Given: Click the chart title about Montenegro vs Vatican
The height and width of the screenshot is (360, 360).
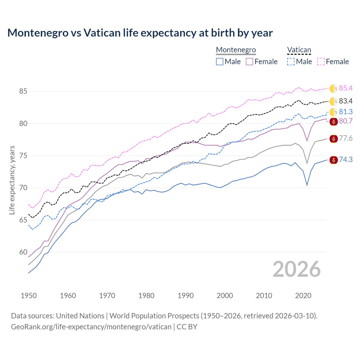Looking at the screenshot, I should (140, 33).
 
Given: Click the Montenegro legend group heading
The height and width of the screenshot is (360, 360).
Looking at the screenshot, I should (236, 50).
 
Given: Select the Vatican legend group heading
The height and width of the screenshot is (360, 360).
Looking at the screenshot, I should (299, 50).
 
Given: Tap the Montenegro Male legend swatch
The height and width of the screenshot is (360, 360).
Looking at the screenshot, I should (220, 62).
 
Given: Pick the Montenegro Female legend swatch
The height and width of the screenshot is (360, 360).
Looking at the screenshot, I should (249, 62).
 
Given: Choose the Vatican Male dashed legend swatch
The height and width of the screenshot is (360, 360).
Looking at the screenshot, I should (291, 62).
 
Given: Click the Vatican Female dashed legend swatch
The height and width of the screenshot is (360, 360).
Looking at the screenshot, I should (321, 62).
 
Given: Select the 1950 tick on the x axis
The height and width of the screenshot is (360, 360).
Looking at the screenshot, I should (29, 296).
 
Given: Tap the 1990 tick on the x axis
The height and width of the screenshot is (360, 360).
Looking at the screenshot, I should (186, 296).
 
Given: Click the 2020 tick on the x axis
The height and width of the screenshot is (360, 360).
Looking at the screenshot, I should (303, 296).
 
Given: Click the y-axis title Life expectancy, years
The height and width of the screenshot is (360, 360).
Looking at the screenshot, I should (12, 180).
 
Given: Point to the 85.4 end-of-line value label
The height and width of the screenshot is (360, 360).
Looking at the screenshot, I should (346, 88).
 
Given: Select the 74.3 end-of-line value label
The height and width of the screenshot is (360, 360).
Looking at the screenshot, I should (346, 160).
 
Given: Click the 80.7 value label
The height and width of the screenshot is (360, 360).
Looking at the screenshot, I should (346, 121).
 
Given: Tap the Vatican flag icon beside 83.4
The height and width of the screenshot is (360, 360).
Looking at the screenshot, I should (334, 101).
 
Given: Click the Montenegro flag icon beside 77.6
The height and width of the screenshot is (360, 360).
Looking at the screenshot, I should (334, 138).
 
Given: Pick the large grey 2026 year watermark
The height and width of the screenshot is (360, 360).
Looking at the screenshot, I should (296, 269).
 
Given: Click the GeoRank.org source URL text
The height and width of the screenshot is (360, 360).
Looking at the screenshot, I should (91, 327).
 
